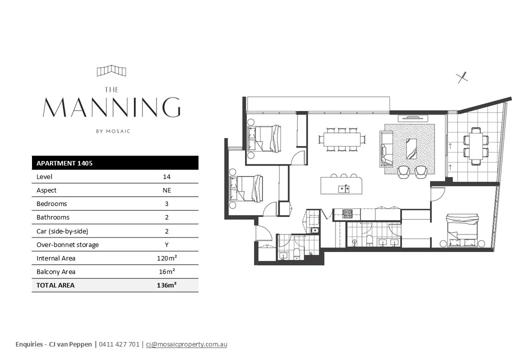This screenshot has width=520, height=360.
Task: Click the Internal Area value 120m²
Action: [167, 258]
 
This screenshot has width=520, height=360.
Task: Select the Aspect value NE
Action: [167, 190]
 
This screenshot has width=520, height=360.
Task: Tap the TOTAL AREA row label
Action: [55, 285]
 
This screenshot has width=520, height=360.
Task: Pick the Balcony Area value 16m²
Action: [167, 271]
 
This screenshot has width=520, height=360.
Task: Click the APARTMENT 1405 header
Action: [64, 163]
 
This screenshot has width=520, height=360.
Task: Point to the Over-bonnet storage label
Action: [67, 244]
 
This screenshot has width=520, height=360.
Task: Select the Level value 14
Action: [167, 176]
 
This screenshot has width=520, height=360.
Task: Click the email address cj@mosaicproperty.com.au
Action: [186, 344]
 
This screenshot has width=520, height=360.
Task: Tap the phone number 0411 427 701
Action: [119, 344]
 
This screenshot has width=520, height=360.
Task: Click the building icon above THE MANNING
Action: [111, 70]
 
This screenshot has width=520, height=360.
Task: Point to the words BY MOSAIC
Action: [113, 131]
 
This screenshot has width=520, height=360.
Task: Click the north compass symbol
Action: [462, 77]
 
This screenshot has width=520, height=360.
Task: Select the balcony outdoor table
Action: [476, 146]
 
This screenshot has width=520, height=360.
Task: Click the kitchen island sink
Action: [343, 189]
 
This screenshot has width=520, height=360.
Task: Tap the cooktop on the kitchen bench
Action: [347, 214]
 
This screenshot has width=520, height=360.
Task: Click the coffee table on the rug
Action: [411, 149]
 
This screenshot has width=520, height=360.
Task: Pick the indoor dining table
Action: [342, 139]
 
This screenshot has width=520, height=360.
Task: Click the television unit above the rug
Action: [413, 118]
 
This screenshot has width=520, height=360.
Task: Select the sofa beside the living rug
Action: [386, 149]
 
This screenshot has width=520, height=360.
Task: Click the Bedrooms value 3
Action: [167, 204]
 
